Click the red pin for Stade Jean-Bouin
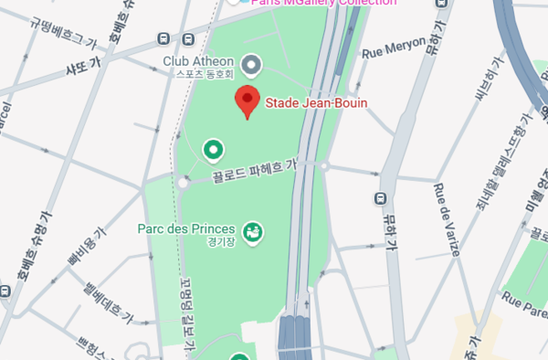pyautogui.click(x=247, y=101)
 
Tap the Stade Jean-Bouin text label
pyautogui.click(x=316, y=103)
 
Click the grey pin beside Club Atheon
pyautogui.click(x=251, y=64)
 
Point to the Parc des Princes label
pyautogui.click(x=187, y=228)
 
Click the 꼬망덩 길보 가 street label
pyautogui.click(x=189, y=315)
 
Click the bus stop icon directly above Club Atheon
pyautogui.click(x=187, y=39)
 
